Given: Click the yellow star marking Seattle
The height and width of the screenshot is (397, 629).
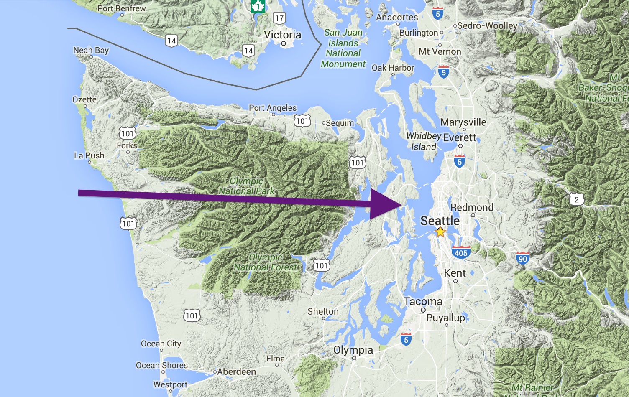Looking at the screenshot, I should [x=440, y=232].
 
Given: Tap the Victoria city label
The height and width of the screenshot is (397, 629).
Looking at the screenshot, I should [x=283, y=35].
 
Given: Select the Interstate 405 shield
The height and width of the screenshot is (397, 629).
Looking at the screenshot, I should [x=461, y=252].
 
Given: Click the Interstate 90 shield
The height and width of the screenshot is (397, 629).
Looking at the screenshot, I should [x=523, y=259].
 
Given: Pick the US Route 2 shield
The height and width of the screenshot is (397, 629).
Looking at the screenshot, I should [x=577, y=199].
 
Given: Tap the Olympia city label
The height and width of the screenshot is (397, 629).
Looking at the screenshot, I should [x=353, y=350].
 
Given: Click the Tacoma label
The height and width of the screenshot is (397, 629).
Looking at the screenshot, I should [x=423, y=301].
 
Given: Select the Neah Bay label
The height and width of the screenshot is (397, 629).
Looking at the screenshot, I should [x=91, y=50].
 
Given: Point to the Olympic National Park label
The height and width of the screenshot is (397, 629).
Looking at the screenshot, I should [x=247, y=186].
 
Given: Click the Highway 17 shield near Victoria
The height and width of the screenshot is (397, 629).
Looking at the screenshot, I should [x=279, y=18].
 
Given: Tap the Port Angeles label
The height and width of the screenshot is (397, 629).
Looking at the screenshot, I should [x=273, y=108].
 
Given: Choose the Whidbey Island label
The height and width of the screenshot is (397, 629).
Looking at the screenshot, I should [x=424, y=141].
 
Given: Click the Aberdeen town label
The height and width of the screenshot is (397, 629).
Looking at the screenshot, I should [x=236, y=372].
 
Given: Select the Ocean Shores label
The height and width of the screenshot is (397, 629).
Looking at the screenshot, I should [x=162, y=365].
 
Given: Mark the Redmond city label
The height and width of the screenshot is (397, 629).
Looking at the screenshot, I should [x=472, y=207].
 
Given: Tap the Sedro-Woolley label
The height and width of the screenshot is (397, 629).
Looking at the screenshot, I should [x=487, y=25].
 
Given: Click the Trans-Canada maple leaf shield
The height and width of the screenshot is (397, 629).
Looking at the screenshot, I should [x=258, y=6].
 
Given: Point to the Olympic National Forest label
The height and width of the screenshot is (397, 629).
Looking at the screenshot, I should [x=267, y=262].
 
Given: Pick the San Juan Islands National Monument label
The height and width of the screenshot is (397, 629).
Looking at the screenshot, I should [x=343, y=48].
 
